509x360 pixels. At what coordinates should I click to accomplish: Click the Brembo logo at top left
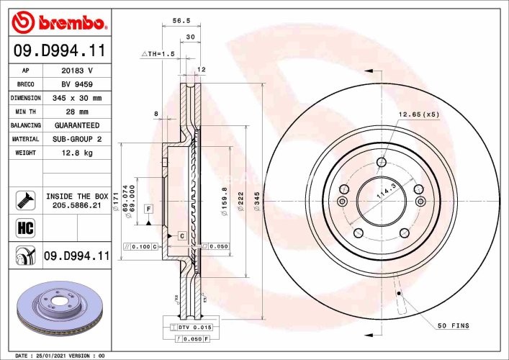[60, 22]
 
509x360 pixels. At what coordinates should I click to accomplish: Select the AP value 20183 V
[76, 71]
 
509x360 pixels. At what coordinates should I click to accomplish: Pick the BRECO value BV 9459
[76, 84]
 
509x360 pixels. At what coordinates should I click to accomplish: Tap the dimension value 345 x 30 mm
[76, 98]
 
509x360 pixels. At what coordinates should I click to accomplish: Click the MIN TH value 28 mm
[76, 112]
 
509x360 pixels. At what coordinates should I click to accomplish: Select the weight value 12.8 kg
[76, 153]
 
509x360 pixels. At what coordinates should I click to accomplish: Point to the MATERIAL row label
[25, 139]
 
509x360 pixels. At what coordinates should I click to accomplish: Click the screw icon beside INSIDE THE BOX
[24, 200]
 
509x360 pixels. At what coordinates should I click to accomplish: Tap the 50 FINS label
[454, 326]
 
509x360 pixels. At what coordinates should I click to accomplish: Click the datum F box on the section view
[149, 209]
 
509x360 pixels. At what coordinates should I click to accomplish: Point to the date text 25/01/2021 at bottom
[52, 356]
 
